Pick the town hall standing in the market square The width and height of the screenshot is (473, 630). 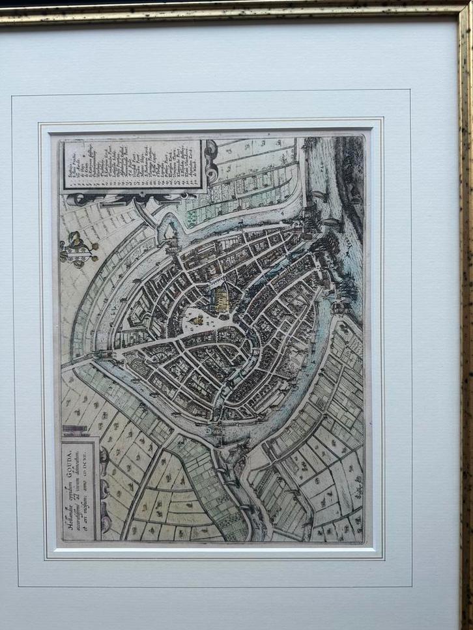pyautogui.click(x=195, y=319)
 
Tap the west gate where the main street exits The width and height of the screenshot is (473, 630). pyautogui.click(x=103, y=356)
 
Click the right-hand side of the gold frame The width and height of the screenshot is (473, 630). pyautogui.click(x=465, y=326)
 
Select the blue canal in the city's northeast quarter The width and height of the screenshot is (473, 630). pyautogui.click(x=287, y=261)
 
